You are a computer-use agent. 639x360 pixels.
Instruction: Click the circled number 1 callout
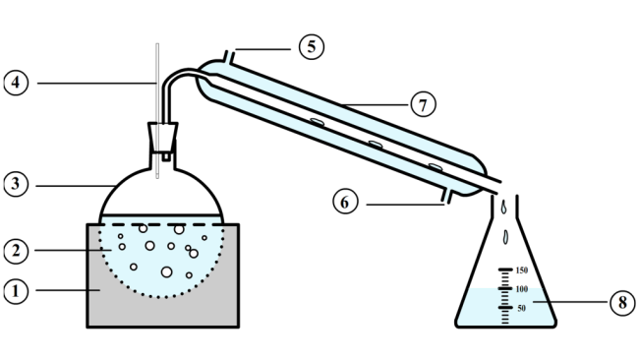pyautogui.click(x=17, y=291)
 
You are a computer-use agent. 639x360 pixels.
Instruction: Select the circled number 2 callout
pyautogui.click(x=17, y=252)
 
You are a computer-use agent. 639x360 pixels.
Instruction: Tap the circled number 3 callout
pyautogui.click(x=17, y=184)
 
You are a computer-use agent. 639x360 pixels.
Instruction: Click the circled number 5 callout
pyautogui.click(x=312, y=46)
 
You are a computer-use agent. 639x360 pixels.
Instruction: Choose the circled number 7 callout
pyautogui.click(x=422, y=103)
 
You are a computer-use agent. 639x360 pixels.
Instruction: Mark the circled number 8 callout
pyautogui.click(x=619, y=303)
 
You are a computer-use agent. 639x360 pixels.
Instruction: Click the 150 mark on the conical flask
pyautogui.click(x=522, y=270)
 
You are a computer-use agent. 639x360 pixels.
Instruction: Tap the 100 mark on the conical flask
pyautogui.click(x=522, y=289)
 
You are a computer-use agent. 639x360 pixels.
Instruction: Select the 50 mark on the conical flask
pyautogui.click(x=522, y=309)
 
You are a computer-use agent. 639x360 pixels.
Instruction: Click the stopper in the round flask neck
pyautogui.click(x=162, y=136)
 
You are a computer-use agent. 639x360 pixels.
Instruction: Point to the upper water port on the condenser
pyautogui.click(x=228, y=55)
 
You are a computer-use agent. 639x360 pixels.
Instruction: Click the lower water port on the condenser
pyautogui.click(x=446, y=200)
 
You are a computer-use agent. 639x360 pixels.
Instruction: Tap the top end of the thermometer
pyautogui.click(x=156, y=45)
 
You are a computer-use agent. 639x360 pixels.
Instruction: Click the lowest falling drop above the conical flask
pyautogui.click(x=506, y=236)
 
